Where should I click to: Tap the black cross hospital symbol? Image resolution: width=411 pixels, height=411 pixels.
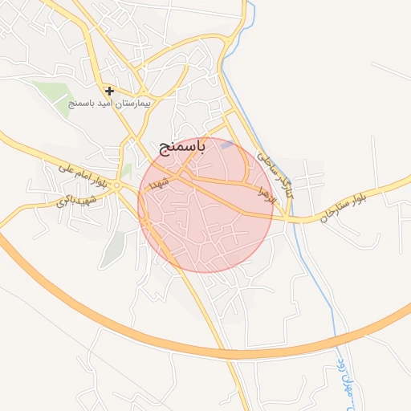point(109,91)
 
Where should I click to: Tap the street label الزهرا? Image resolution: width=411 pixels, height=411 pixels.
point(267,193)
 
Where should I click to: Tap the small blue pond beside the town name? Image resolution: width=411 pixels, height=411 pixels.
point(228,145)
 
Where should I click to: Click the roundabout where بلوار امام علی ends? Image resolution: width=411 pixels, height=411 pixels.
point(116,185)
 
